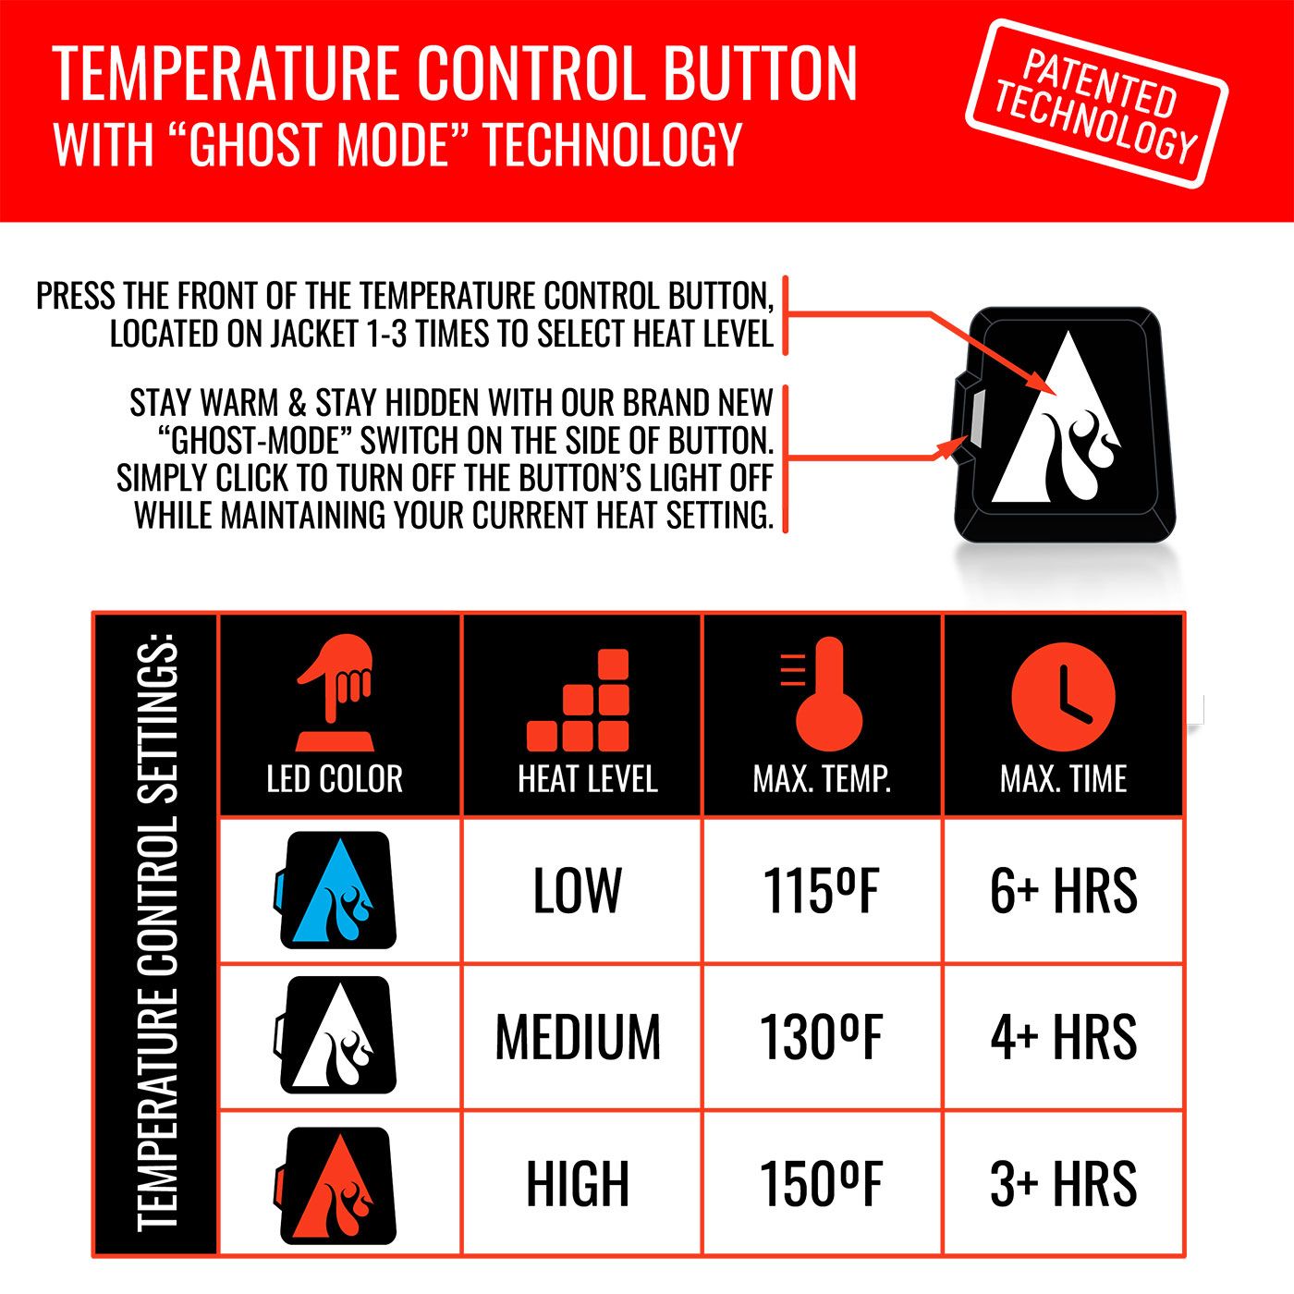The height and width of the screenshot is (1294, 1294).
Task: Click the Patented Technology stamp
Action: (1096, 104)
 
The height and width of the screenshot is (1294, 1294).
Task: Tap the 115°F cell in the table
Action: (821, 891)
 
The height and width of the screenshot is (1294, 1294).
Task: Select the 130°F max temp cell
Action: (821, 1036)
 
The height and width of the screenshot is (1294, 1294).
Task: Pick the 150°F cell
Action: (821, 1183)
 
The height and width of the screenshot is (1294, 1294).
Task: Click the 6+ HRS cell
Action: (1063, 891)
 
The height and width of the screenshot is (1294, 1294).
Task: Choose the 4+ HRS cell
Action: (1063, 1036)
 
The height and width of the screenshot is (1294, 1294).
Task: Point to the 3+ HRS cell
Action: (1063, 1183)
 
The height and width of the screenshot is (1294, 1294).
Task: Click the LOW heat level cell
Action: (578, 891)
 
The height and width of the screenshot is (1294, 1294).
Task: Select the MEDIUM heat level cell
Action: (578, 1036)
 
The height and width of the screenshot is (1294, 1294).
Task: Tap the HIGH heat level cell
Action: (578, 1183)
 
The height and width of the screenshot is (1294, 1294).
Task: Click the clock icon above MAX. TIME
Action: (1063, 694)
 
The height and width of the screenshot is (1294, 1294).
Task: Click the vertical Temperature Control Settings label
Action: (156, 934)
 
